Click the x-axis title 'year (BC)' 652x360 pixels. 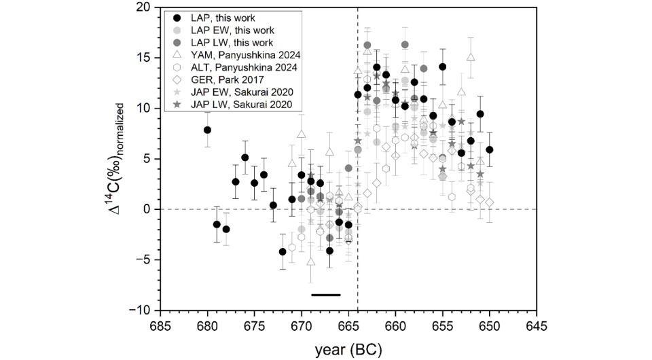coord(348,350)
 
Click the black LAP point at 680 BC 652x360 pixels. coord(207,130)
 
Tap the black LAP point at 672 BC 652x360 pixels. coord(283,252)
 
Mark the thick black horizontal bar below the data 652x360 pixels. coord(325,295)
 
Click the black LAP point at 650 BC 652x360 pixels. coord(489,149)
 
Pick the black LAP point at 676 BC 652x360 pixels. coord(245,158)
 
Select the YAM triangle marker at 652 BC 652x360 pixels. coord(471,58)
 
